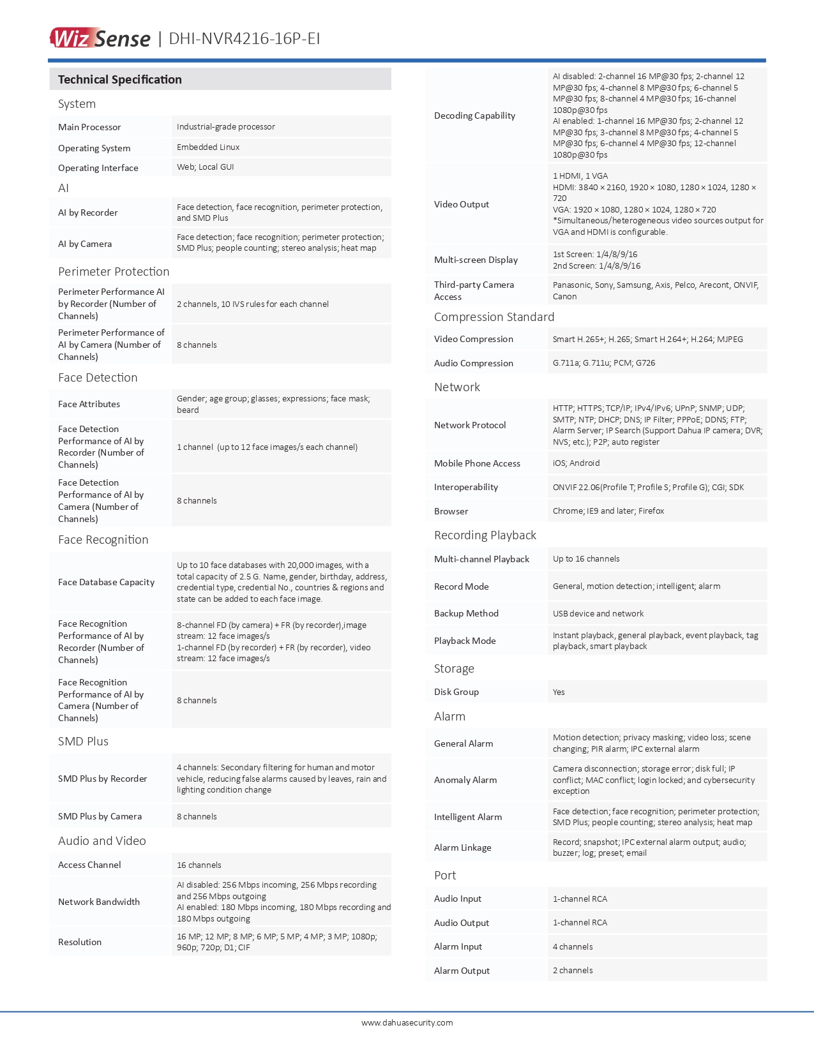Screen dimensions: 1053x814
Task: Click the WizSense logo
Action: (x=100, y=38)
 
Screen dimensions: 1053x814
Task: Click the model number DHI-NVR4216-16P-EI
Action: (x=245, y=39)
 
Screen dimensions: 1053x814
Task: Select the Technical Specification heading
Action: (x=120, y=80)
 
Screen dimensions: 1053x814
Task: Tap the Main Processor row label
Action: (x=89, y=127)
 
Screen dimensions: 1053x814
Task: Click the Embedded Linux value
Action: (x=208, y=147)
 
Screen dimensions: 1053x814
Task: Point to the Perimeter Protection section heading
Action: (x=114, y=272)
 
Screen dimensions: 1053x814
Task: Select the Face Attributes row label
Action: (x=89, y=404)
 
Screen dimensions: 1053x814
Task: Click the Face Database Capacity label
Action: (x=107, y=582)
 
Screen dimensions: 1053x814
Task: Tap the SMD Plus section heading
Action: (x=83, y=742)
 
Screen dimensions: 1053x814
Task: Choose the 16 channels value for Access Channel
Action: (x=199, y=865)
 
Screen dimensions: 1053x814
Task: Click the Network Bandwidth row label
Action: (x=99, y=902)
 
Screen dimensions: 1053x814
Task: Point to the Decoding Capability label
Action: (x=474, y=116)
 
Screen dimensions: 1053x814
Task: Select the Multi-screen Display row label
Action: (x=476, y=260)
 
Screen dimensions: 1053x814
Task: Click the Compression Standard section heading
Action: (x=494, y=317)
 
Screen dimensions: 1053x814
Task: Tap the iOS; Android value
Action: (x=577, y=463)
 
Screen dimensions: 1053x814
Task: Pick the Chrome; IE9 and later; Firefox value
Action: (x=608, y=511)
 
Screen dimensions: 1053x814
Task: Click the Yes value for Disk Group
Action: (x=559, y=692)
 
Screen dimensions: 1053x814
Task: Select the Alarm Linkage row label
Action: (x=463, y=848)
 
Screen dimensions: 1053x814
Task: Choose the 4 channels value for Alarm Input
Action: (x=573, y=947)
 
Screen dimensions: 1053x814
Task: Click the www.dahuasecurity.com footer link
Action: (x=407, y=1022)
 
